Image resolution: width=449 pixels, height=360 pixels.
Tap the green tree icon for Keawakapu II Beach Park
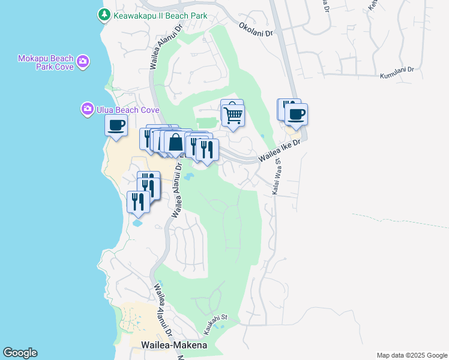(104, 14)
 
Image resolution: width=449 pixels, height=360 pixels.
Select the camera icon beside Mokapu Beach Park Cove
(83, 61)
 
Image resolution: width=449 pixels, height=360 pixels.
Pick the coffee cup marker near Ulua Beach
(116, 125)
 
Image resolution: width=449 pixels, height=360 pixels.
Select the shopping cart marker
(233, 114)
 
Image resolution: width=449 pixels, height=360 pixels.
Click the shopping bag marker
(175, 143)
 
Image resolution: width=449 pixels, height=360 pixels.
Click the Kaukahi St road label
(216, 319)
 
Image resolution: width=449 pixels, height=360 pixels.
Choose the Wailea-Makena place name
(174, 345)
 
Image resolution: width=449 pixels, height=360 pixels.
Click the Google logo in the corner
(20, 353)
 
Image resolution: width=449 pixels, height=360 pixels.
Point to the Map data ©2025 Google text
(411, 355)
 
